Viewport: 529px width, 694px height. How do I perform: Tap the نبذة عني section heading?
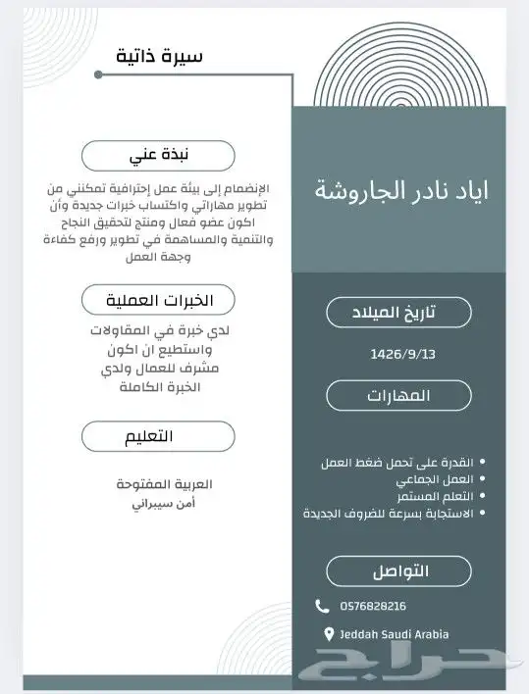[158, 155]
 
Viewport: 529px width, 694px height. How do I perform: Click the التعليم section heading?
[158, 435]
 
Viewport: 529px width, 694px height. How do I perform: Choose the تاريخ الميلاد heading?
[398, 312]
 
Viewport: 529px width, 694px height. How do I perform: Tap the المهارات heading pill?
[398, 395]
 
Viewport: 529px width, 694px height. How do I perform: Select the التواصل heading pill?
[398, 570]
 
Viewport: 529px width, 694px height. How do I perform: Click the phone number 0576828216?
[374, 607]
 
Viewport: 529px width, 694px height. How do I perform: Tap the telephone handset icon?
[323, 607]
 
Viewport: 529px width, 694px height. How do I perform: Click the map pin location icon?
[329, 633]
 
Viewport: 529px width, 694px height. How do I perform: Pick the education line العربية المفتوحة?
[158, 485]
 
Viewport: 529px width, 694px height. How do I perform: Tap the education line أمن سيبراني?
[158, 503]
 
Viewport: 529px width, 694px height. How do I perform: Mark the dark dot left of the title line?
[98, 74]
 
